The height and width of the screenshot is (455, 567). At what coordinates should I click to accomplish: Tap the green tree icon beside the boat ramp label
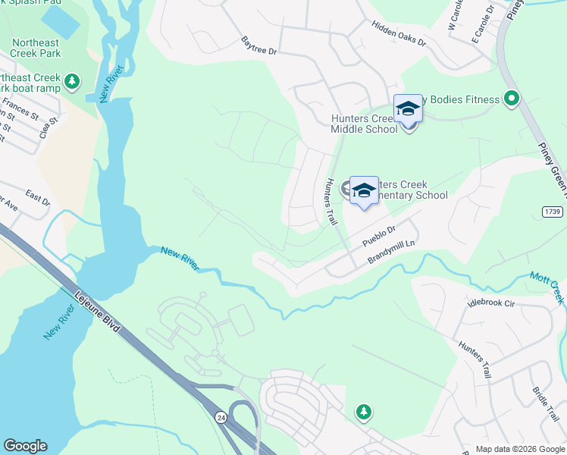coord(72,80)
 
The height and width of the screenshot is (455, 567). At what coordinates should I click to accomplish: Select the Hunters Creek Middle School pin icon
coord(408,109)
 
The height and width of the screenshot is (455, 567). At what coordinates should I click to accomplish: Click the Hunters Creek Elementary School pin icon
coord(364,191)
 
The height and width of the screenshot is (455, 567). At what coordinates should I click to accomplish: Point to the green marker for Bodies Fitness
coord(512,99)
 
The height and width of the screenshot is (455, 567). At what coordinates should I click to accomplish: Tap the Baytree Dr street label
coord(259,46)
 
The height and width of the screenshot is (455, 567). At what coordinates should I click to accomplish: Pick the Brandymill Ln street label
coord(393,253)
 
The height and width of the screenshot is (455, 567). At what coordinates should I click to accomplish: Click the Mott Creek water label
coord(547,287)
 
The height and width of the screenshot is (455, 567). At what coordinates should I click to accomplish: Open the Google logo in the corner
coord(25,446)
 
